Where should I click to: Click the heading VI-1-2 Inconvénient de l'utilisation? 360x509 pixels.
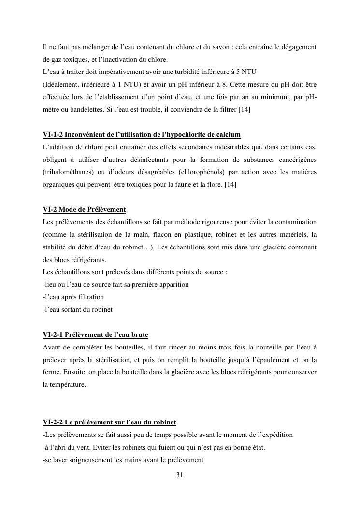pyautogui.click(x=142, y=134)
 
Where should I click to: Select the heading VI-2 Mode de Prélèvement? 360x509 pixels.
pyautogui.click(x=84, y=209)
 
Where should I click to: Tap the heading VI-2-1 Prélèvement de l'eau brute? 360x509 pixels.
pyautogui.click(x=96, y=334)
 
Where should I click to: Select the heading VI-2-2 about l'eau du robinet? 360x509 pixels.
pyautogui.click(x=109, y=422)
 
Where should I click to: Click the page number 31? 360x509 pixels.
pyautogui.click(x=179, y=475)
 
